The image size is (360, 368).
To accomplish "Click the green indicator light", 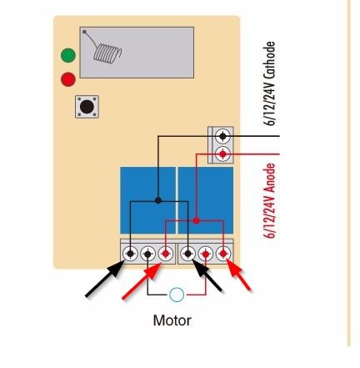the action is (x=68, y=55).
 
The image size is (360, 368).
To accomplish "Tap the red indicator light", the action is (x=68, y=79).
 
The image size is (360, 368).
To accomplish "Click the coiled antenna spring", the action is (x=107, y=53).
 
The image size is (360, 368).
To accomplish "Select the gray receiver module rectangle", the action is (x=137, y=53).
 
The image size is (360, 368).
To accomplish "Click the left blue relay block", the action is (x=147, y=200).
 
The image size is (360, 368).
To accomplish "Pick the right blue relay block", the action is (x=206, y=200).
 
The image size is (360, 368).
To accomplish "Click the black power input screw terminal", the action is (x=222, y=136).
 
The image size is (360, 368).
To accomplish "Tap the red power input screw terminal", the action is (x=222, y=154).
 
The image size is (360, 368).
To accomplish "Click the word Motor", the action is (x=172, y=320).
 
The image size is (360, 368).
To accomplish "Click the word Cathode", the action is (x=269, y=60).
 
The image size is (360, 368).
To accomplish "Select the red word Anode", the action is (x=269, y=179).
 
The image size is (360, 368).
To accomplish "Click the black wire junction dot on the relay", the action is (x=158, y=200).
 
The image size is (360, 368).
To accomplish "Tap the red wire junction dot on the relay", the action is (x=197, y=221).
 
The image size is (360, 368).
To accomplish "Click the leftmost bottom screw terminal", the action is (x=130, y=254).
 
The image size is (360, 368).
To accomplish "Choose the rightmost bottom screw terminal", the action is (x=223, y=254).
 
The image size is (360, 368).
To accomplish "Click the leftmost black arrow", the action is (x=105, y=279).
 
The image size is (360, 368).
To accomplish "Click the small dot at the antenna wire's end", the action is (x=84, y=32).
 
